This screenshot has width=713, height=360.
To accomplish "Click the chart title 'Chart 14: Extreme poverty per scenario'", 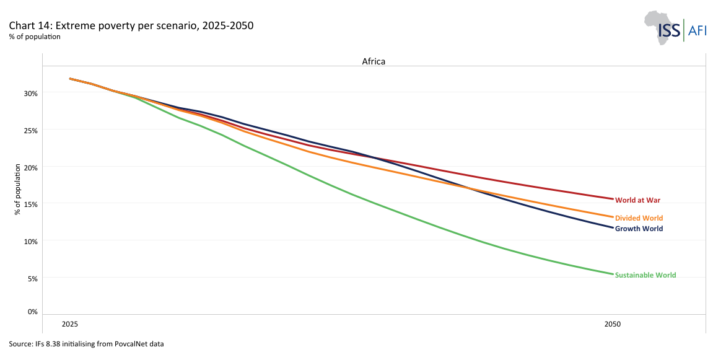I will [131, 26].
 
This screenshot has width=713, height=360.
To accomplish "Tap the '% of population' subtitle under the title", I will [35, 37].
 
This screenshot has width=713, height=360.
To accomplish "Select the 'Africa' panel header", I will [374, 61].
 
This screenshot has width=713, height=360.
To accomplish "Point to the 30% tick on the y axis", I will [31, 93].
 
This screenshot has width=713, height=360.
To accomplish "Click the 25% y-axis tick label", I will [31, 130].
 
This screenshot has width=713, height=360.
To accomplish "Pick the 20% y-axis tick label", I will [31, 167].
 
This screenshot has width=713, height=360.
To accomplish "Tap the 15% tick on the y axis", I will [31, 204].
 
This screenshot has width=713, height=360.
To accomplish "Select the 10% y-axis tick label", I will [31, 241].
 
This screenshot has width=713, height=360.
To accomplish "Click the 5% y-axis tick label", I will [32, 278].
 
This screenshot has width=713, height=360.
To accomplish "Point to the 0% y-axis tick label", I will [32, 312].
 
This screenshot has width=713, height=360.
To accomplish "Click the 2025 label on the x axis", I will [70, 324].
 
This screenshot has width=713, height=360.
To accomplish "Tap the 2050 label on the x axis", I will [613, 324].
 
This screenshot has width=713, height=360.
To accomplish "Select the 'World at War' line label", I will [638, 200].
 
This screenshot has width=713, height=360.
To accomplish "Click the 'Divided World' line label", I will [639, 218].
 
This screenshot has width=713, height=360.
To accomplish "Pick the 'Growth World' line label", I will [639, 229].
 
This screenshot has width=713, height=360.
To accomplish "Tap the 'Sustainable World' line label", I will [645, 275].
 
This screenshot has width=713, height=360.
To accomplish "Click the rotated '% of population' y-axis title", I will [18, 190].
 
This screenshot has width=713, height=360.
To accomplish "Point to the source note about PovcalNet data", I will [86, 343].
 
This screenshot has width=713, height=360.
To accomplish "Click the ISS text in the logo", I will [669, 30].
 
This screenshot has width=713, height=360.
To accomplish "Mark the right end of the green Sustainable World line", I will [613, 274].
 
